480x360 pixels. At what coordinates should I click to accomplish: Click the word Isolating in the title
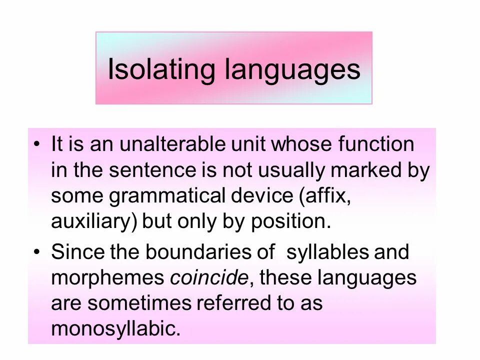tap(161, 69)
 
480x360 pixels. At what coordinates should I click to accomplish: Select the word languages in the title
tap(292, 70)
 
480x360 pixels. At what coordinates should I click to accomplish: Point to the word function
tap(376, 144)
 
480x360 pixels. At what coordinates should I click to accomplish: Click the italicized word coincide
tap(209, 277)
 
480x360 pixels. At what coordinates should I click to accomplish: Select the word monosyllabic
tap(115, 328)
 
